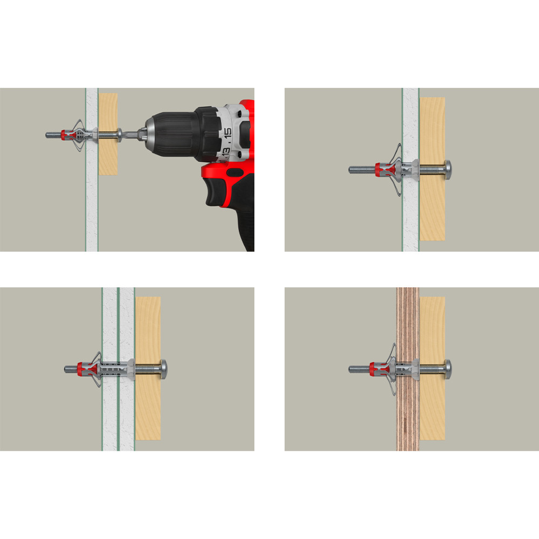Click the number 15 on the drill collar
(x=227, y=134)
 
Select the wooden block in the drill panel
(x=108, y=134)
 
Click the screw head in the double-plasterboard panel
(x=164, y=369)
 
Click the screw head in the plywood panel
(x=448, y=369)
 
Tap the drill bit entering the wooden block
(x=130, y=134)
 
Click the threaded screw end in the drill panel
(x=53, y=135)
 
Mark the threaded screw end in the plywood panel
(x=359, y=369)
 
